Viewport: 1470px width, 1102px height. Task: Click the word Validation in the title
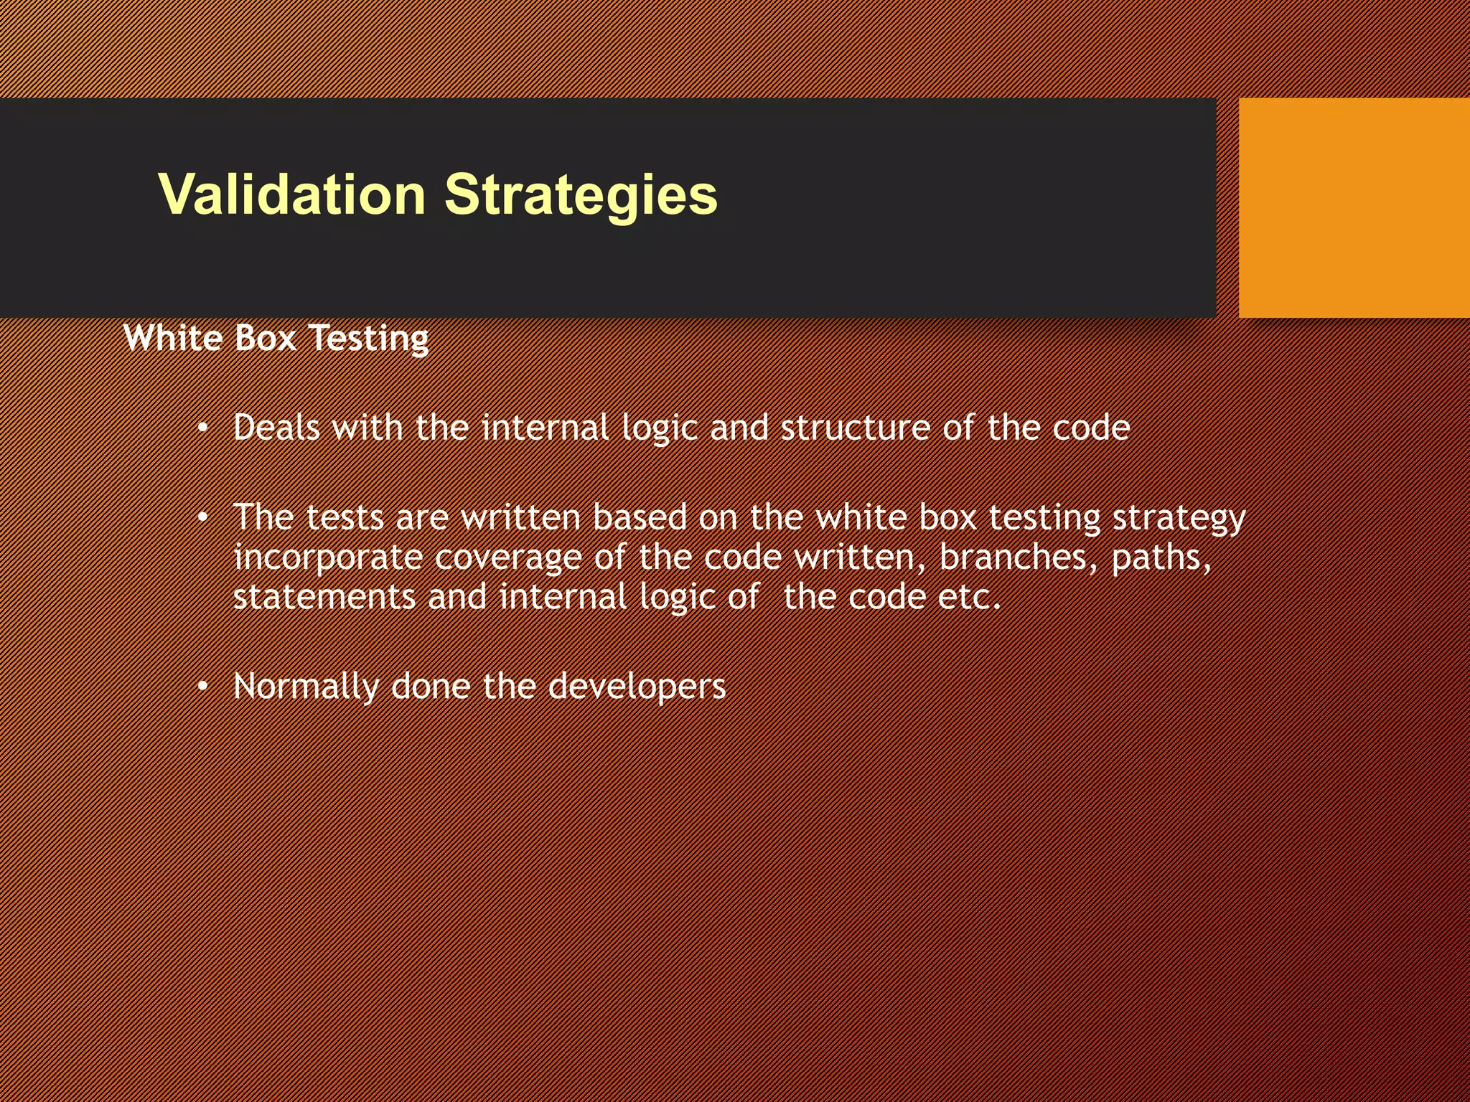tap(292, 194)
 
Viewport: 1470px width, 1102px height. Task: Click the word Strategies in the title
tap(581, 194)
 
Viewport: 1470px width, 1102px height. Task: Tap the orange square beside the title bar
tap(1354, 207)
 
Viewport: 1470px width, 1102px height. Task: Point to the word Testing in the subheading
tap(369, 339)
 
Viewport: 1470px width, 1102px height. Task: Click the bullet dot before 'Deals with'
tap(203, 429)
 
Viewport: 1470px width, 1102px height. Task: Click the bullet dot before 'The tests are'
tap(203, 517)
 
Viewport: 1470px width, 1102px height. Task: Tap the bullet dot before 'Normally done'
tap(203, 687)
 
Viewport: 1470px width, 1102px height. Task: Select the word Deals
tap(276, 428)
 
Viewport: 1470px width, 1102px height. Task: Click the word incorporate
tap(328, 559)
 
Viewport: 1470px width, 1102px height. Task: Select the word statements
tap(324, 598)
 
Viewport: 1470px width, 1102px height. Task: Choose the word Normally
tap(306, 687)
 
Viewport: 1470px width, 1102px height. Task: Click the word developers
tap(637, 687)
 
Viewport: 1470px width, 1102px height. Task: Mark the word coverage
tap(508, 559)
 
